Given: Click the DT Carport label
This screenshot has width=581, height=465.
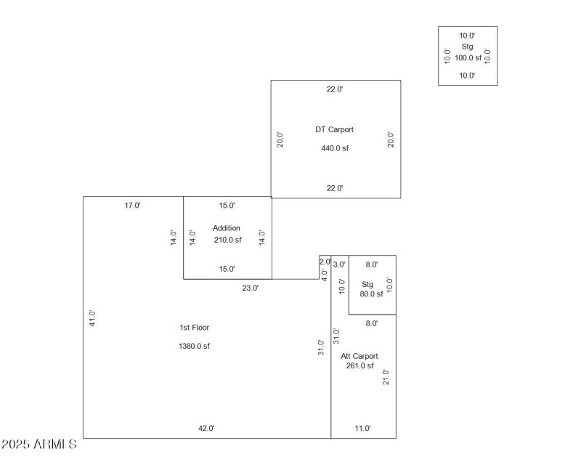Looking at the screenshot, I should (x=334, y=130).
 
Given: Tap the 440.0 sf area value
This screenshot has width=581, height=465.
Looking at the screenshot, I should (x=335, y=148).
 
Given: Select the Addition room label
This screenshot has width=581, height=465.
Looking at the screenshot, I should (x=227, y=228).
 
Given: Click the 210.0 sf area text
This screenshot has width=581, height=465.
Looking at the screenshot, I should (x=227, y=240).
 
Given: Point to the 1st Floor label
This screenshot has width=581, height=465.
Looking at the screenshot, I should (x=195, y=328).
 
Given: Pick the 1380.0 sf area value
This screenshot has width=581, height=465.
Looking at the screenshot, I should (x=194, y=346).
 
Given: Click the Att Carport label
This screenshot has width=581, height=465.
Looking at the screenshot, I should (x=359, y=356).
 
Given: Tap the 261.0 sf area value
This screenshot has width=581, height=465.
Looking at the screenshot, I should (x=359, y=366).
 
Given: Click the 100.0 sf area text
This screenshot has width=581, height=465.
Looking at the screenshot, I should (x=468, y=57).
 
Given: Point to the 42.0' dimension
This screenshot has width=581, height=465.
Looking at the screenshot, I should (x=207, y=429).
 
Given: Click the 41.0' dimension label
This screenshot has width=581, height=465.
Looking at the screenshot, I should (x=92, y=318).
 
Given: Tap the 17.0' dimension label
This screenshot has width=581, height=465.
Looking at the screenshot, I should (x=133, y=206).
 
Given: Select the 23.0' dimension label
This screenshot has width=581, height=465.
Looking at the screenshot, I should (x=250, y=288).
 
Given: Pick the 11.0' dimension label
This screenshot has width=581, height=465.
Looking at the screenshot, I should (x=362, y=429).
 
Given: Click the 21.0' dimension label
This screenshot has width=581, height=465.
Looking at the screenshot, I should (x=386, y=377).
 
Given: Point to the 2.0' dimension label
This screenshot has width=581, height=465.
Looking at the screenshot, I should (x=325, y=262).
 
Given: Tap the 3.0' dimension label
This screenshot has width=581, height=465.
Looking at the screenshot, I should (x=339, y=264).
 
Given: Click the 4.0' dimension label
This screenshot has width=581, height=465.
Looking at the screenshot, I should (x=325, y=275).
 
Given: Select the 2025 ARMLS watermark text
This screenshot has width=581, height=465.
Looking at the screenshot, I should (x=39, y=444).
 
